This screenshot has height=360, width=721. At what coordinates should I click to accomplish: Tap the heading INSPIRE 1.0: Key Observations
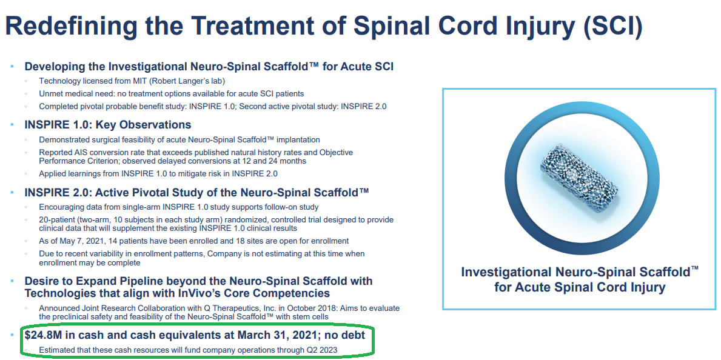[107, 125]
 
